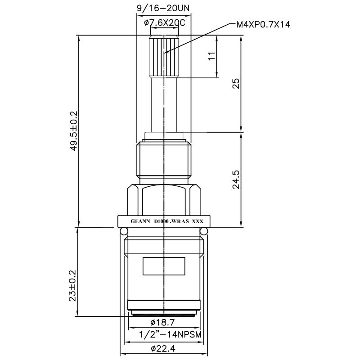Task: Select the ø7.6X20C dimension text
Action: pos(165,23)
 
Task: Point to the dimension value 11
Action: pos(212,56)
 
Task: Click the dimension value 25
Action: pos(235,83)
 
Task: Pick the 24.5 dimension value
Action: pos(235,179)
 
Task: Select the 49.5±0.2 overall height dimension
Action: pos(74,131)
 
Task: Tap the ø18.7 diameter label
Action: pos(162,323)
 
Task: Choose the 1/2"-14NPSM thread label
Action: pos(164,334)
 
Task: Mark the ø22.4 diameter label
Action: pos(163,349)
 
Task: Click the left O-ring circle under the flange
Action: pos(124,231)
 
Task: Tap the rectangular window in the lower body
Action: pos(164,266)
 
